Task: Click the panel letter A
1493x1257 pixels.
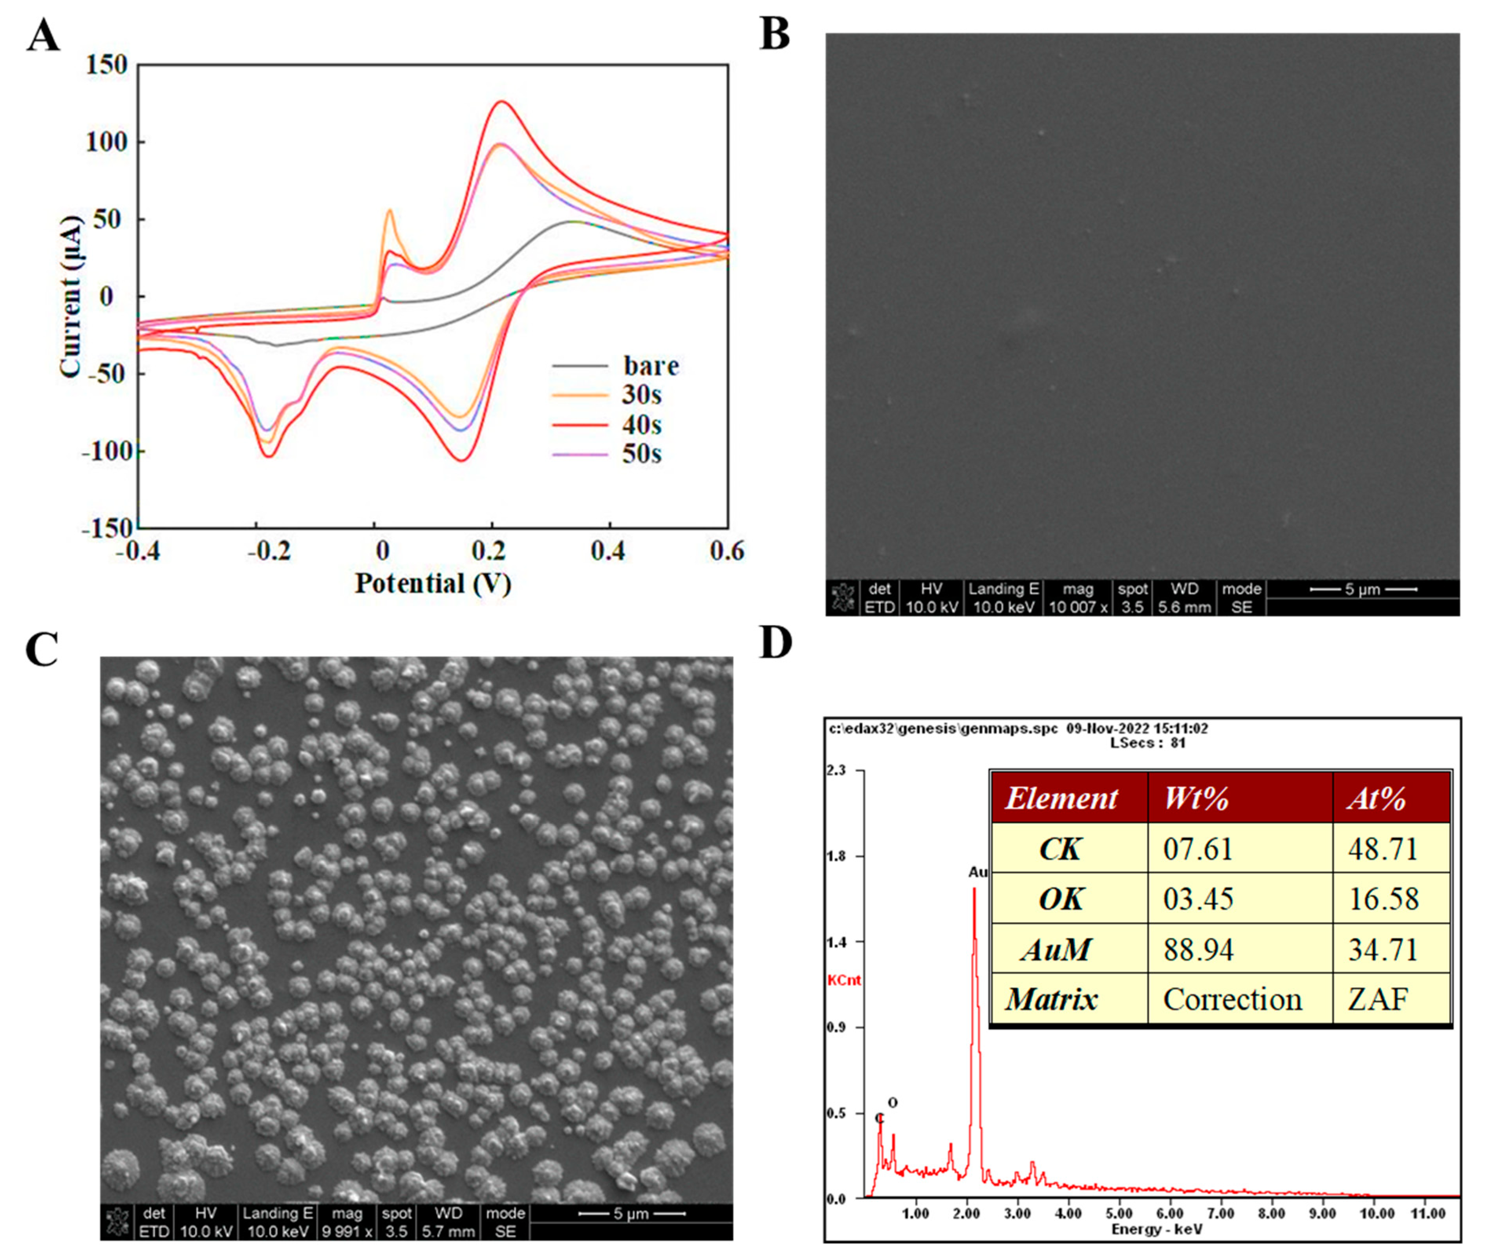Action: (43, 36)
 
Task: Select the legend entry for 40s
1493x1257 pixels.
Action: (641, 425)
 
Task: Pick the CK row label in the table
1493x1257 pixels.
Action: (1060, 849)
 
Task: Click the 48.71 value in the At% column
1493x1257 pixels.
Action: (1383, 849)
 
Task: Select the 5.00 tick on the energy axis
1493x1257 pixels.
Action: (1119, 1213)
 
